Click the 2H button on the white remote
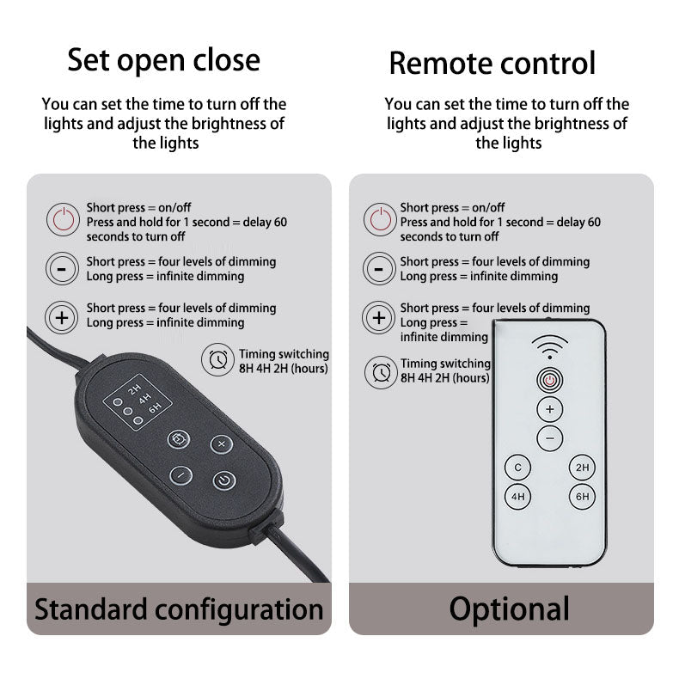click(x=582, y=468)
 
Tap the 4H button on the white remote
click(x=518, y=496)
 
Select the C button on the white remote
click(x=518, y=468)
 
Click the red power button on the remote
click(x=550, y=380)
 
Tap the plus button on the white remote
click(x=550, y=409)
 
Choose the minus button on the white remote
click(x=550, y=438)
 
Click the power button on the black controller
click(x=224, y=480)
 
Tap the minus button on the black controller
click(x=181, y=475)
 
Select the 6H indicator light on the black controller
click(x=138, y=420)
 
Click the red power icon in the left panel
click(x=64, y=219)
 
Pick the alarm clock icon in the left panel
click(x=217, y=359)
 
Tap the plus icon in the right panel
click(x=379, y=318)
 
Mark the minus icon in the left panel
click(x=62, y=268)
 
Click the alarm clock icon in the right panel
click(x=381, y=372)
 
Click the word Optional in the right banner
click(x=509, y=609)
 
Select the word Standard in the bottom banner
click(x=91, y=609)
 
